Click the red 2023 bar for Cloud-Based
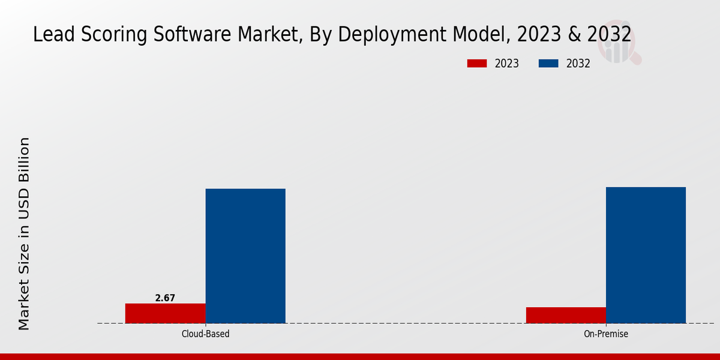(x=165, y=313)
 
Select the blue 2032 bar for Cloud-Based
(x=245, y=256)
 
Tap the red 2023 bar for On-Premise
(x=566, y=315)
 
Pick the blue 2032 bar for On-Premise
(x=646, y=255)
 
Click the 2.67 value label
(x=165, y=298)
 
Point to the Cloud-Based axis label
(x=205, y=334)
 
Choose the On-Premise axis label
(x=606, y=334)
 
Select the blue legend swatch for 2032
(x=548, y=64)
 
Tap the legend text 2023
(x=507, y=64)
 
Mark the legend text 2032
(x=578, y=64)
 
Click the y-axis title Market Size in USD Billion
(x=24, y=234)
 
